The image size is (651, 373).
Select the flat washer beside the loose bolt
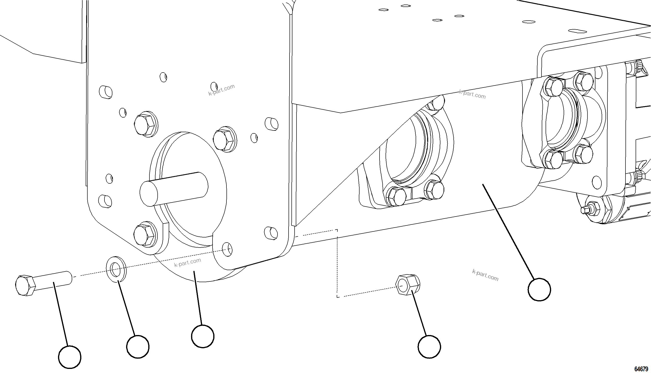(x=116, y=269)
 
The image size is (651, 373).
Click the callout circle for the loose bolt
(x=70, y=357)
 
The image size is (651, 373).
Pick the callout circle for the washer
(x=138, y=347)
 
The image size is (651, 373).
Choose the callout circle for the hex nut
(x=429, y=347)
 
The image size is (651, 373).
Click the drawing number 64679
(x=641, y=369)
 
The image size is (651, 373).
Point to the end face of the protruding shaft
(x=149, y=193)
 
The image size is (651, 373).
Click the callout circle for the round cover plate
(x=203, y=336)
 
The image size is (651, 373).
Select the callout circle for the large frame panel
(x=539, y=290)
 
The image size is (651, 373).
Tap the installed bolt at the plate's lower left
(x=145, y=234)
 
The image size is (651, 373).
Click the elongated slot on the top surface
(x=577, y=31)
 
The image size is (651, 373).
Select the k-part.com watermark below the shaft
(x=187, y=263)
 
